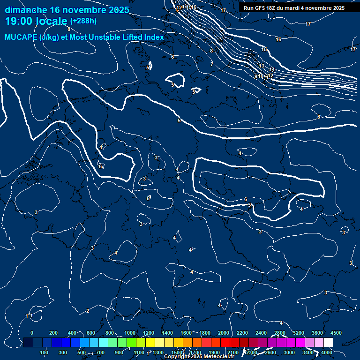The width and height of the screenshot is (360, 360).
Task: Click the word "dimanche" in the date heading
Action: click(x=25, y=10)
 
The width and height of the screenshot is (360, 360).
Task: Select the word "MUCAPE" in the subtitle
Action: click(x=21, y=37)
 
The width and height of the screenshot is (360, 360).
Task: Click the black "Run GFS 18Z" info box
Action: click(x=294, y=8)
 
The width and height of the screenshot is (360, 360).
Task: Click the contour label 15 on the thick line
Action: click(x=264, y=49)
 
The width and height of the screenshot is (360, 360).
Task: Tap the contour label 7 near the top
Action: click(x=212, y=64)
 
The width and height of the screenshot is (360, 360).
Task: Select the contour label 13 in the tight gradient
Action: click(x=262, y=66)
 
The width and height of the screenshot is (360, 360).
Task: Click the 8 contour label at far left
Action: click(x=69, y=29)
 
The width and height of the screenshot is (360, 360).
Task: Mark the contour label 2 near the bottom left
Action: click(x=88, y=311)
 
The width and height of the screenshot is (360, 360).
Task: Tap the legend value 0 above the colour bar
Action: click(x=32, y=333)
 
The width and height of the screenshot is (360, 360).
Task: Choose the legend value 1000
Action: click(x=129, y=333)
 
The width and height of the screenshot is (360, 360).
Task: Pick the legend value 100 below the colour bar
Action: click(x=45, y=352)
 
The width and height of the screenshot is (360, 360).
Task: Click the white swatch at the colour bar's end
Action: click(x=328, y=343)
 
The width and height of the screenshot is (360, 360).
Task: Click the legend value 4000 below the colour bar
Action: click(x=327, y=352)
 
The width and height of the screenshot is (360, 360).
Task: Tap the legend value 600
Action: click(x=91, y=333)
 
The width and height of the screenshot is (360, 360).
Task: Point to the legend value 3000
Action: click(x=289, y=352)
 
